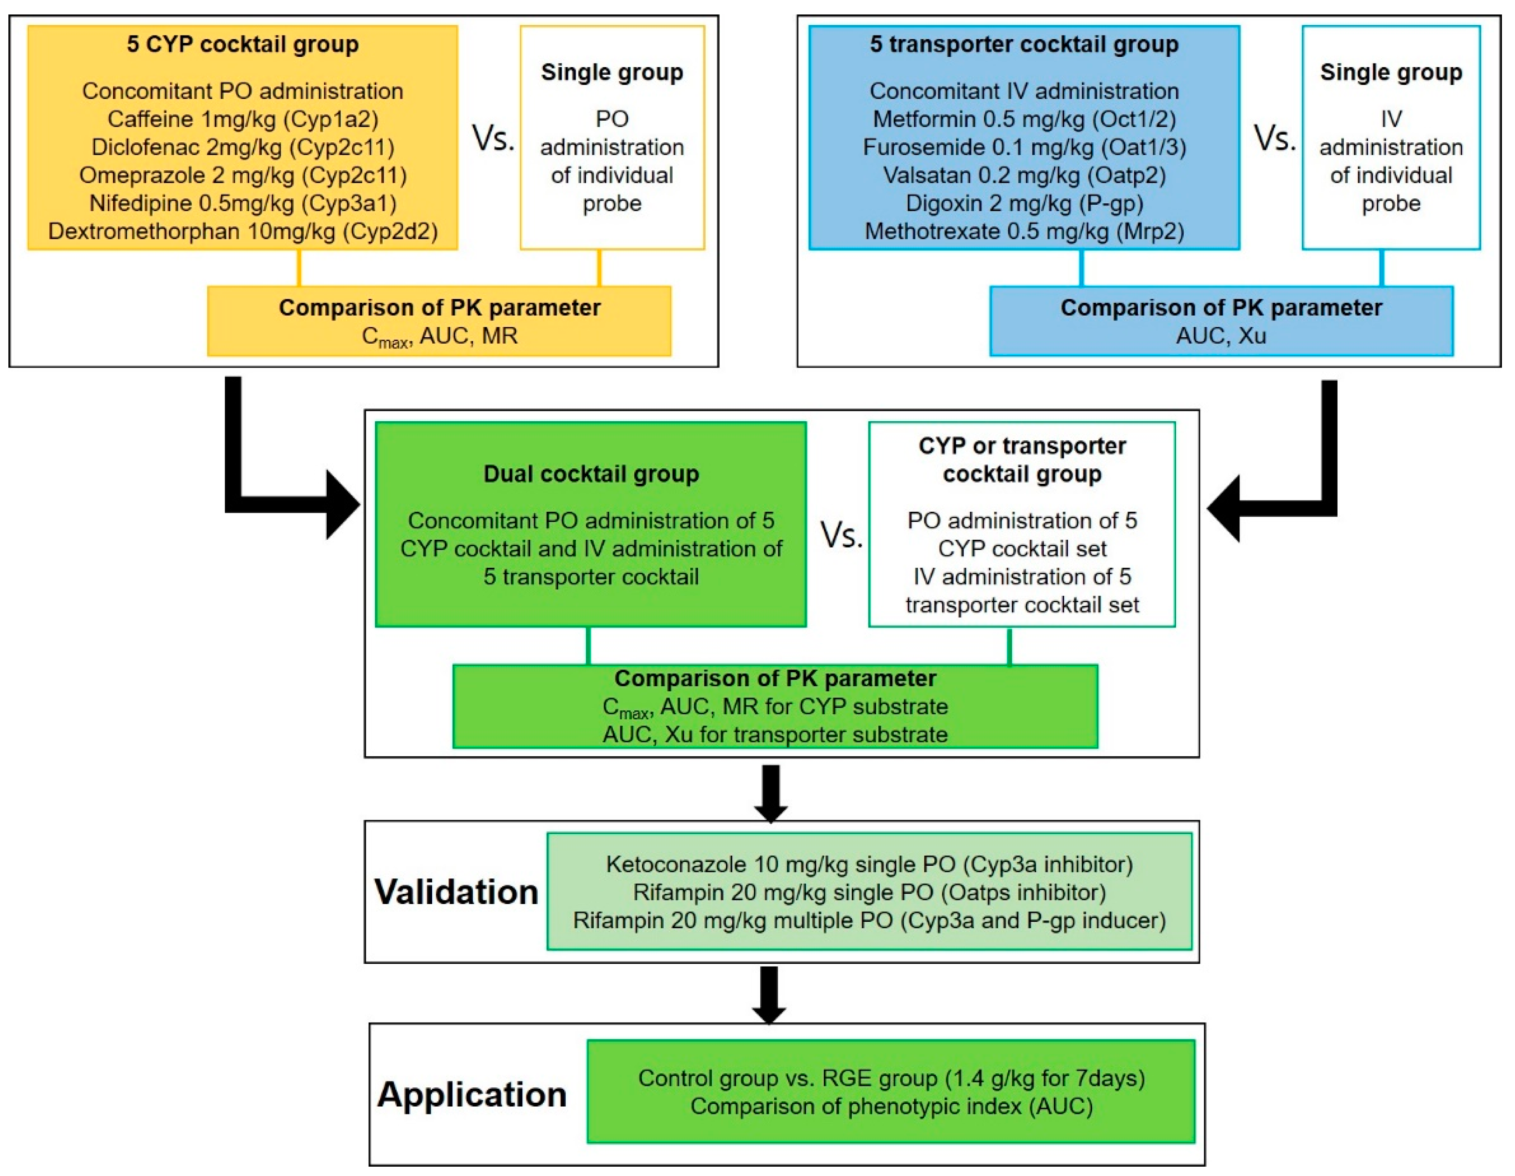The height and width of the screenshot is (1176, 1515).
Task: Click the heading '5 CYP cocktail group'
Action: [242, 44]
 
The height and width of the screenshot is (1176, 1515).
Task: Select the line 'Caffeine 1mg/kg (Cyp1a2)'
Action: [242, 119]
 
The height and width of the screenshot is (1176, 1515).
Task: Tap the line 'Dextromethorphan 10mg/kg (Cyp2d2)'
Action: [242, 231]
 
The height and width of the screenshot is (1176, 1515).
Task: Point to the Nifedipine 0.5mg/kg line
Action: [242, 203]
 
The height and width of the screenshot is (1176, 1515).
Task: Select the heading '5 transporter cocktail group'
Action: [1024, 44]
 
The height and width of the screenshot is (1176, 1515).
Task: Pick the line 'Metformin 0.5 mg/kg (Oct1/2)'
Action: [1024, 119]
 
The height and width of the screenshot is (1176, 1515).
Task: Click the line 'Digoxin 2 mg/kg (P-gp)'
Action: [1024, 203]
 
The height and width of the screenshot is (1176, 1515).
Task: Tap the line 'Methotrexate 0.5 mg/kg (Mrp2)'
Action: [1024, 231]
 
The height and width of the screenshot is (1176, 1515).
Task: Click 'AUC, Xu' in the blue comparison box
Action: [1221, 336]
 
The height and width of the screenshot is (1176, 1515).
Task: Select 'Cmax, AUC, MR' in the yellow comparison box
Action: [439, 337]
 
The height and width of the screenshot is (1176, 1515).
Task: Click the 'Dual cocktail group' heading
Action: [590, 474]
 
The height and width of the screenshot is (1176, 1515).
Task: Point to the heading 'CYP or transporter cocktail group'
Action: [1022, 460]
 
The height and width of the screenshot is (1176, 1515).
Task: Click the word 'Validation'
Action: [456, 892]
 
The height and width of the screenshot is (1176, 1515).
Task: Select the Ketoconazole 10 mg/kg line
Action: [869, 865]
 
